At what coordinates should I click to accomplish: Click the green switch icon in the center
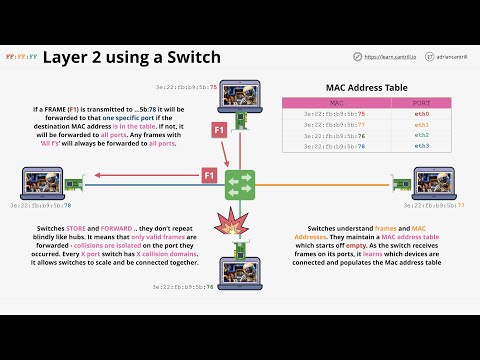tap(240, 184)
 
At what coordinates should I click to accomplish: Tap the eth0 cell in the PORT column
tap(422, 115)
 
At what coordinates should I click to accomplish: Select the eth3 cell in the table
tap(422, 146)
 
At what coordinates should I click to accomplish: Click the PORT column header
tap(422, 103)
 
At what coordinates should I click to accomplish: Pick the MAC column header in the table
tap(334, 103)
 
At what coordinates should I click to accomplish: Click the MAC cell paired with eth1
tap(334, 125)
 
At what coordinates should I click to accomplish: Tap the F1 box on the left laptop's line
tap(210, 176)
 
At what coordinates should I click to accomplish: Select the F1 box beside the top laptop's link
tap(219, 130)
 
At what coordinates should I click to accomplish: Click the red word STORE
tap(78, 229)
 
